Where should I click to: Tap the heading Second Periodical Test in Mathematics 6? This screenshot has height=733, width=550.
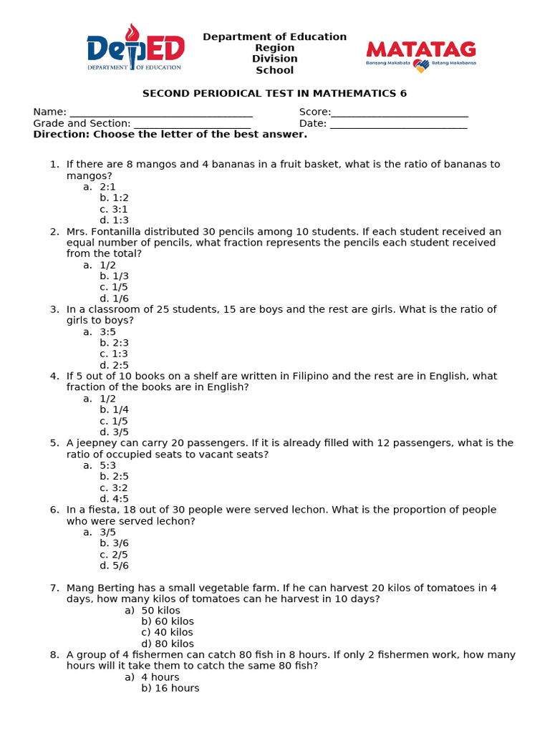(x=274, y=94)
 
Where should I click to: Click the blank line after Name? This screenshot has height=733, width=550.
(x=160, y=112)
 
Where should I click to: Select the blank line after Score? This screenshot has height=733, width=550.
(x=400, y=112)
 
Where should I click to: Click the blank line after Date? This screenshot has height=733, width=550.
(x=398, y=124)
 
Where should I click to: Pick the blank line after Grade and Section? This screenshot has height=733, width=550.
(x=192, y=124)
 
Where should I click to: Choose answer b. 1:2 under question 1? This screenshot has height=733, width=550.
(x=114, y=198)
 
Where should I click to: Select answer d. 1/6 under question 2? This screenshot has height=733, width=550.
(x=114, y=298)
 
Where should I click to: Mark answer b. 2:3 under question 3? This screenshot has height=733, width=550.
(x=114, y=343)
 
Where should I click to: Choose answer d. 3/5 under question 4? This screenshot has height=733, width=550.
(x=114, y=432)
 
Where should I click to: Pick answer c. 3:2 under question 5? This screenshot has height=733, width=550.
(x=114, y=487)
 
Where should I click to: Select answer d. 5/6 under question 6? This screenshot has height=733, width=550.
(x=114, y=565)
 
